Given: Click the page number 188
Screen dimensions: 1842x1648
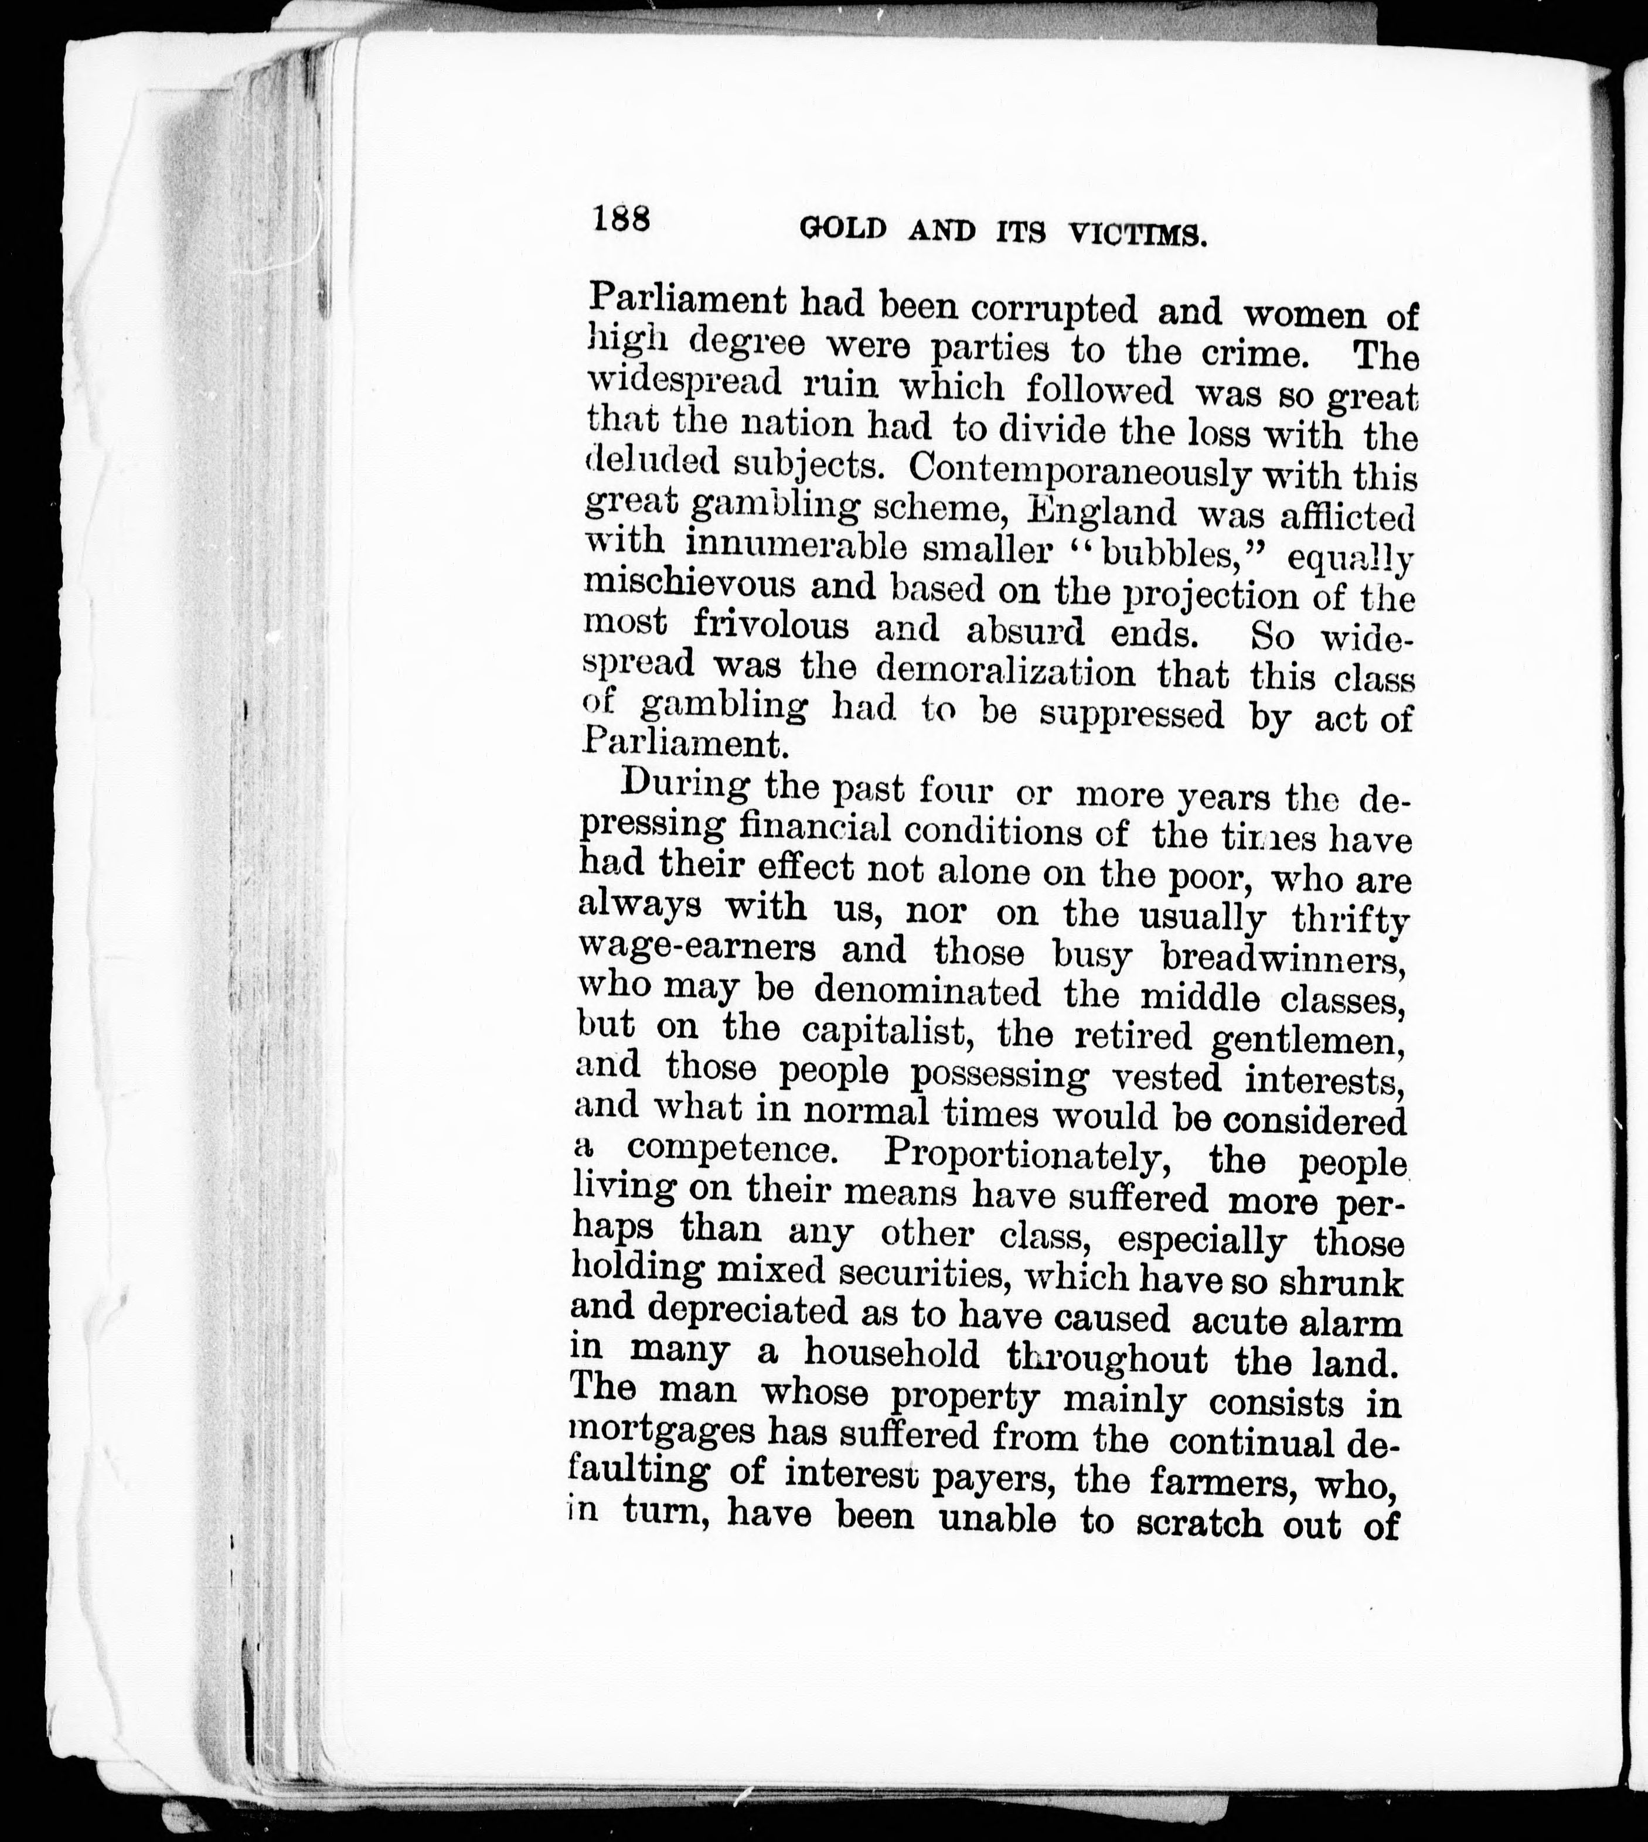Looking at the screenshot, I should click(622, 220).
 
